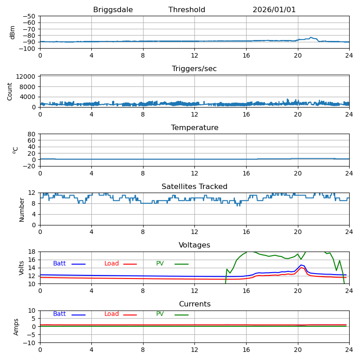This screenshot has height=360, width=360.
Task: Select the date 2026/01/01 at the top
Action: (274, 10)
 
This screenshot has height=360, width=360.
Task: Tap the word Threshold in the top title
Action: (187, 10)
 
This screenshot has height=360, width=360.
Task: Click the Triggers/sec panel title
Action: (194, 69)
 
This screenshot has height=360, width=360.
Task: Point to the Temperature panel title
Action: (194, 128)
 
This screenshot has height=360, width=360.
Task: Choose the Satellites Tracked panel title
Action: (194, 187)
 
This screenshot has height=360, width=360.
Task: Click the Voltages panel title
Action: (194, 245)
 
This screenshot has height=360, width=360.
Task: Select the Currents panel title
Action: (194, 304)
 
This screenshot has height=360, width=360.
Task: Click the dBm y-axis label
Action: (13, 32)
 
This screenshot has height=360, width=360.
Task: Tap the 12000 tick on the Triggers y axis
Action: (27, 77)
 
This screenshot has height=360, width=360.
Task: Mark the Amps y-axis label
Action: (17, 327)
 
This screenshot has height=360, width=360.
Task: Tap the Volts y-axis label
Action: (22, 268)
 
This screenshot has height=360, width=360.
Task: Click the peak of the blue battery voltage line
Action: (301, 265)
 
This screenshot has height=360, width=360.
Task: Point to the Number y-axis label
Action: (22, 209)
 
